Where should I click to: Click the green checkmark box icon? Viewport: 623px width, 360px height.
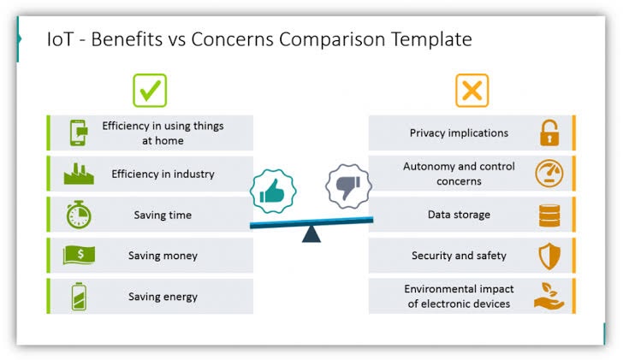(150, 91)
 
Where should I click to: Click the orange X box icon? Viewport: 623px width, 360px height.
(472, 91)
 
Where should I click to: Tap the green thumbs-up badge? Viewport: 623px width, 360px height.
(272, 192)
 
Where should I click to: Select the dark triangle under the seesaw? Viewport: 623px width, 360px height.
(311, 233)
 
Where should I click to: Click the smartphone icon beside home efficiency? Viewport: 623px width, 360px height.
(78, 133)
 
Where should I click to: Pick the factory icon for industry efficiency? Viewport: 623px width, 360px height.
(78, 174)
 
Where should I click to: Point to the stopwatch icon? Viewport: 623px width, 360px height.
(78, 215)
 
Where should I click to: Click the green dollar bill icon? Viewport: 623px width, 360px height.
(78, 255)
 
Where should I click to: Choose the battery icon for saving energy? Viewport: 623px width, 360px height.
(78, 296)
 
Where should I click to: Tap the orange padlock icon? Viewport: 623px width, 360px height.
(549, 133)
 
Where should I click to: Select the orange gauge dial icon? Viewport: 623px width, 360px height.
(549, 174)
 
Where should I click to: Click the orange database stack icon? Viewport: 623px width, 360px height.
(549, 215)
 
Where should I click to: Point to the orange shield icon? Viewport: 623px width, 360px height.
(549, 255)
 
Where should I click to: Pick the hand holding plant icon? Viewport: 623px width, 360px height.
(549, 296)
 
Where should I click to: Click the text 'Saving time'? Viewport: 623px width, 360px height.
(163, 215)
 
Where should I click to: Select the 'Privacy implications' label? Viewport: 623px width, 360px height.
(459, 133)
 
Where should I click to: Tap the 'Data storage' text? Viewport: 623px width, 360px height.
(459, 215)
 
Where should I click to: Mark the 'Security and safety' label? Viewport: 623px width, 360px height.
(459, 256)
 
